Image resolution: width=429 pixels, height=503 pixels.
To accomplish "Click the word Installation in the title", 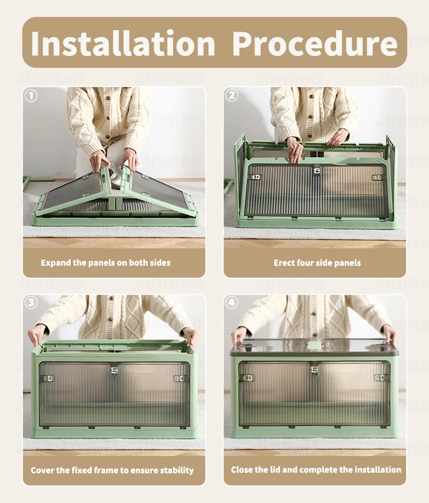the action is click(123, 43).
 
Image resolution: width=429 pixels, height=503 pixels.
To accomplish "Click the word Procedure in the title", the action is click(315, 43).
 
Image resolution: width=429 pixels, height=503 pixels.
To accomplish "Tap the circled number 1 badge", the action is click(31, 95).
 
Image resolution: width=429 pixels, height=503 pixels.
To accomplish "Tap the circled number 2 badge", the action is click(232, 95).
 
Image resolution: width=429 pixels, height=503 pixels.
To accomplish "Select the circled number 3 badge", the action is click(31, 303).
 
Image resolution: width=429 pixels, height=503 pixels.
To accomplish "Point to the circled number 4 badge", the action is click(232, 302).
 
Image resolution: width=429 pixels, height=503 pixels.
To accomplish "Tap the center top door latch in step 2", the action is click(317, 171).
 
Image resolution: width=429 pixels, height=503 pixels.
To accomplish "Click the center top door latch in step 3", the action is click(114, 370).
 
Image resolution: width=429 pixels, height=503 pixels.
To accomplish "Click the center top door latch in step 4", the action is click(314, 369).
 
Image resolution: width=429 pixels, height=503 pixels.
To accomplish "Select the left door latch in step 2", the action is click(256, 177).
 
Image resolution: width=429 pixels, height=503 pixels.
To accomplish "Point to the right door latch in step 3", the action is click(179, 378).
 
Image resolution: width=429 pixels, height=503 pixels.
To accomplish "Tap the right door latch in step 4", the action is click(379, 377).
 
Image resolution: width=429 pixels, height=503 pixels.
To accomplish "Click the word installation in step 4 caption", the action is click(378, 470).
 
